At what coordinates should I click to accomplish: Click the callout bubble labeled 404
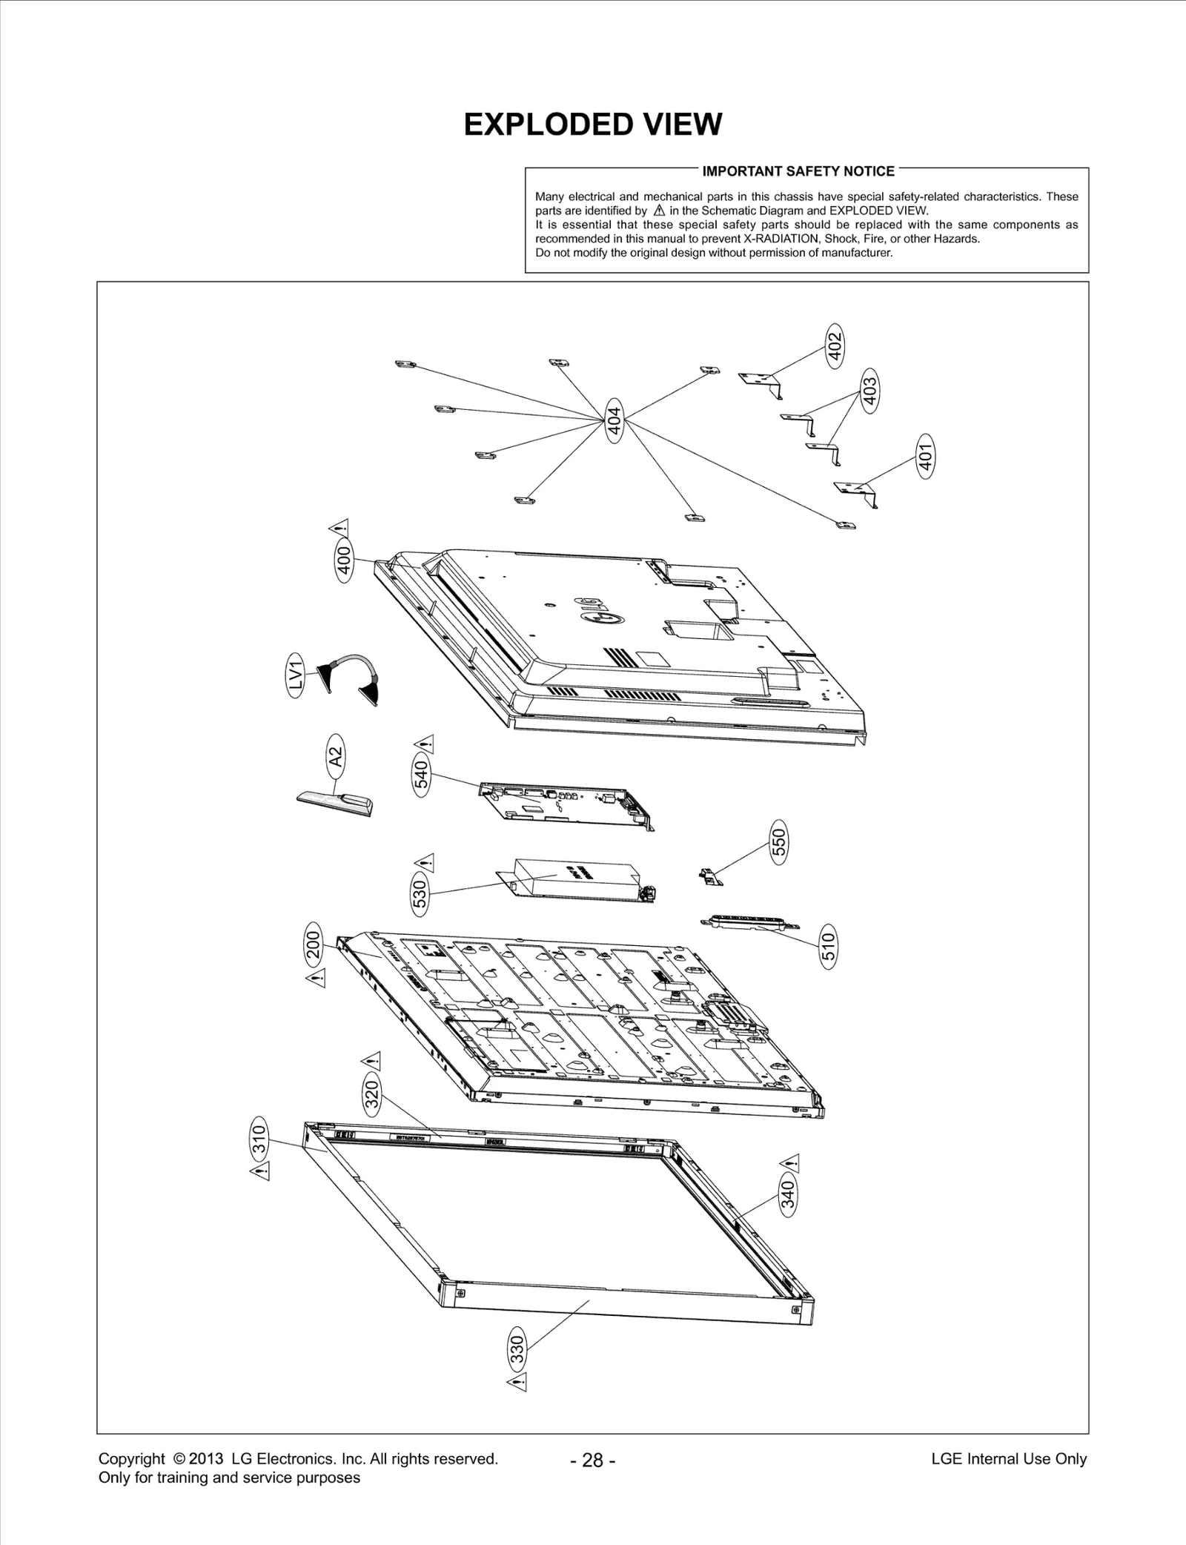[614, 420]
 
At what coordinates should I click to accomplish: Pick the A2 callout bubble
[336, 756]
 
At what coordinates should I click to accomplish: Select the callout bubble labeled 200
[314, 946]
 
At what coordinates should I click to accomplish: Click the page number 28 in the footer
[592, 1460]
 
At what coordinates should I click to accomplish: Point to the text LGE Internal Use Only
[1008, 1459]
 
